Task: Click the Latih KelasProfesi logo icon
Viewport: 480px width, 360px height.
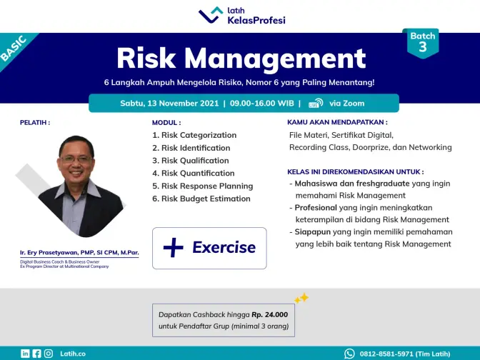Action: [211, 15]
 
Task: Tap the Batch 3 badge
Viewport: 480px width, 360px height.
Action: [423, 43]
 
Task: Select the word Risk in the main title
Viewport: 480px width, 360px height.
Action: [146, 58]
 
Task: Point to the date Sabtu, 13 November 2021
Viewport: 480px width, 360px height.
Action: [169, 103]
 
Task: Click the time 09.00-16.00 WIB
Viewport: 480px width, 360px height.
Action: [261, 103]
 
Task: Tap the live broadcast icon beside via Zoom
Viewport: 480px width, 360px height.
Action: [316, 103]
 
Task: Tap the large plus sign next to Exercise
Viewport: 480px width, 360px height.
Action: [174, 247]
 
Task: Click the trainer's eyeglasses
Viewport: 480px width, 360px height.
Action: [76, 159]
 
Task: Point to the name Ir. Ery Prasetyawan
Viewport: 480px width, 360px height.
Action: [49, 253]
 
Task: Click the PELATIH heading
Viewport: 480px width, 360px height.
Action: [35, 122]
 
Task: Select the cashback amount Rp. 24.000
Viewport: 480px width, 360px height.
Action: [270, 315]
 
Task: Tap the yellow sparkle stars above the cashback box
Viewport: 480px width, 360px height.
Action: [301, 298]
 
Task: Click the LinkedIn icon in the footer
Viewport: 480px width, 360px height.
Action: [25, 354]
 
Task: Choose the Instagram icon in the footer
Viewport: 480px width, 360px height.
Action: [49, 354]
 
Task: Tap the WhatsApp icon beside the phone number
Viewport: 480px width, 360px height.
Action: [349, 354]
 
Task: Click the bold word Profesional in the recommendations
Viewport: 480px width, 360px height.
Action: [316, 208]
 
